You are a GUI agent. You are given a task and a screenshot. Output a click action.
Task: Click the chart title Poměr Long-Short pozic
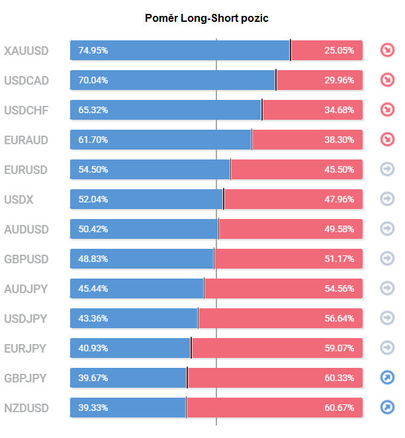[206, 18]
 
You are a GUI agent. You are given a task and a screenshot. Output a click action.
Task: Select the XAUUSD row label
[26, 50]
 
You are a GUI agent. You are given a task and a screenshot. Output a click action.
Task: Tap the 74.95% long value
[93, 50]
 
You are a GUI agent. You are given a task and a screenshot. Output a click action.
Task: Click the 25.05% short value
[339, 50]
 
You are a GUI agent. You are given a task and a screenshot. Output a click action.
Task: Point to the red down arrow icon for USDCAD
[387, 80]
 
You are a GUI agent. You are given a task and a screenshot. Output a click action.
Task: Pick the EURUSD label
[26, 169]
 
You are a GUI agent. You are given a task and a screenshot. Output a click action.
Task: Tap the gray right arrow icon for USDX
[387, 199]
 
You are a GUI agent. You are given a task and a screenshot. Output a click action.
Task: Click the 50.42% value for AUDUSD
[93, 229]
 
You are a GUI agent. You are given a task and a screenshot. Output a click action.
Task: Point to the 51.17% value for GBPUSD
[339, 259]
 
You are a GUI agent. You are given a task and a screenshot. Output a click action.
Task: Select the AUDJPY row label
[26, 288]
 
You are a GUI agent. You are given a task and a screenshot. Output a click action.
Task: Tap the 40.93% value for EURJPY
[93, 348]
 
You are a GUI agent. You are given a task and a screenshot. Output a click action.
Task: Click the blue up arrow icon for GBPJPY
[387, 378]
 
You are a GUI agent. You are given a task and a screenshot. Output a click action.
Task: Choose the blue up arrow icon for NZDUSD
[387, 408]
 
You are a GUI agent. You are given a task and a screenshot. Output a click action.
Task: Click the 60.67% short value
[339, 408]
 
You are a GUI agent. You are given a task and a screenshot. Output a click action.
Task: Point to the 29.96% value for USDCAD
[339, 80]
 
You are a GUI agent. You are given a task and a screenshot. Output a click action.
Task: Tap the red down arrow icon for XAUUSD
[387, 50]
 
